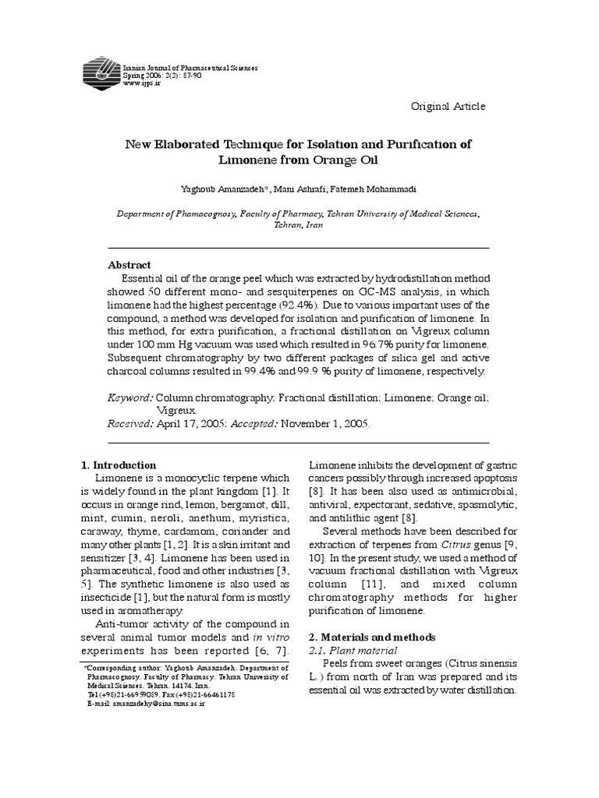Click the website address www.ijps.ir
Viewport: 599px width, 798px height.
(141, 84)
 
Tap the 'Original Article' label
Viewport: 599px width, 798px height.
(448, 106)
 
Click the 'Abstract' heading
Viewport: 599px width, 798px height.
(129, 265)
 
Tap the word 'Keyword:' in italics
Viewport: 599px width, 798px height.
(130, 397)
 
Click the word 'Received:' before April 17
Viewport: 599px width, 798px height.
(130, 424)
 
